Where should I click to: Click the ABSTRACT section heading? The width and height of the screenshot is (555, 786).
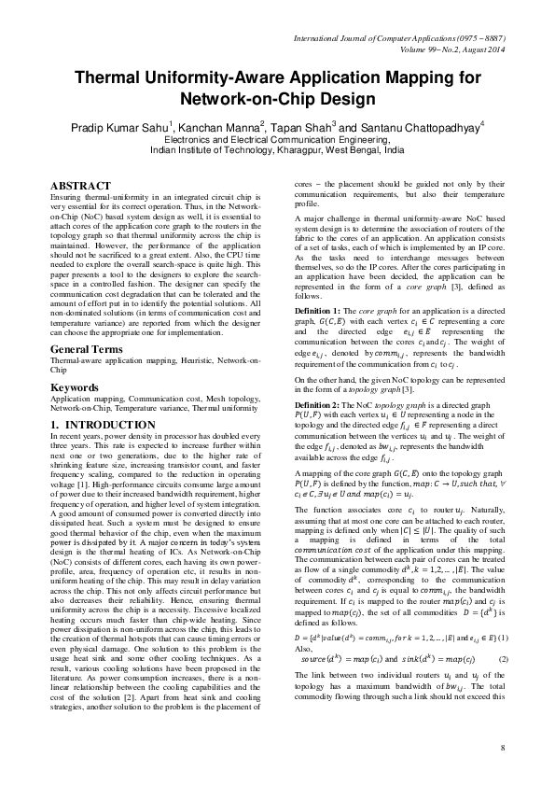(79, 187)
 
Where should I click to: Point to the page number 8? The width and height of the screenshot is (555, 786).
(502, 748)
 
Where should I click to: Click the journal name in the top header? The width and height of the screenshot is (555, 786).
(399, 37)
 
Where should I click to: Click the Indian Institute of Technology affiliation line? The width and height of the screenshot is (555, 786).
(277, 148)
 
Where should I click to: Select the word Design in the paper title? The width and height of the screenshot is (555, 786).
(349, 99)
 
